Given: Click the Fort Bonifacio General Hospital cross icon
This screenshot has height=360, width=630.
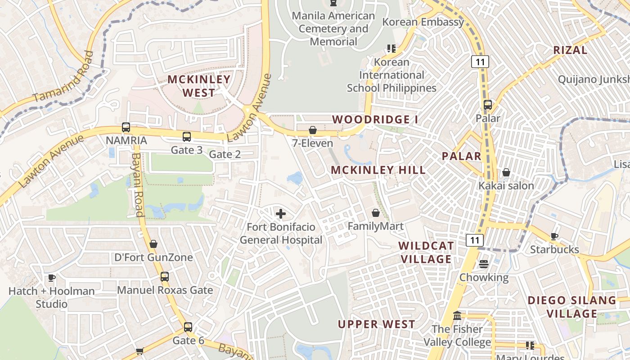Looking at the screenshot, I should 281,213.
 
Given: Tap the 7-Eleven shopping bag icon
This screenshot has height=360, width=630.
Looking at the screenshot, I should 313,130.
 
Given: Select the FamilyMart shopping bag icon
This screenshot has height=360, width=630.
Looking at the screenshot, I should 376,213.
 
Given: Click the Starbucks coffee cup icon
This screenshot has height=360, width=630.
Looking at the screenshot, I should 554,236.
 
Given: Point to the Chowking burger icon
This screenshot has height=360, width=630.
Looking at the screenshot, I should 484,264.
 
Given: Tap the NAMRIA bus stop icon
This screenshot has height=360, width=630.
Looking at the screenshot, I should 126,127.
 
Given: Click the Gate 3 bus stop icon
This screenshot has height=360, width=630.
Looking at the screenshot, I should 187,137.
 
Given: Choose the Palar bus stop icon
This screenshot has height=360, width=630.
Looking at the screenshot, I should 488,105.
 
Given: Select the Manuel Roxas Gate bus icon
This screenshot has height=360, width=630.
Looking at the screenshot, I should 165,277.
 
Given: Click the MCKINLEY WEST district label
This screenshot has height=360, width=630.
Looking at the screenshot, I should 199,86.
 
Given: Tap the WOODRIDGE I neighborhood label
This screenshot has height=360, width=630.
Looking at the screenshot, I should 375,120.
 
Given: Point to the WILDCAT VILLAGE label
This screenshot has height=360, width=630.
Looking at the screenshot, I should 426,252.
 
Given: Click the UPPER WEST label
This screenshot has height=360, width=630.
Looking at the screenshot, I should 376,324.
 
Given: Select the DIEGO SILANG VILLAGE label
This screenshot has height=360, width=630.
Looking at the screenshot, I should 571,307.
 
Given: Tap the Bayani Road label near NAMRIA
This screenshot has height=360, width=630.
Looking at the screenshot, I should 136,184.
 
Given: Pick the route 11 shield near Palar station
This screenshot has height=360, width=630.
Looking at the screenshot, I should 480,62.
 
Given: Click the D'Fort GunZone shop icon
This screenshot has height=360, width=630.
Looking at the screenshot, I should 153,244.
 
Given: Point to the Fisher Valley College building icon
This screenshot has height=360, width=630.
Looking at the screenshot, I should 458,315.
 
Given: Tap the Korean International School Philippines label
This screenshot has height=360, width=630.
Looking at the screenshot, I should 391,75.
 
